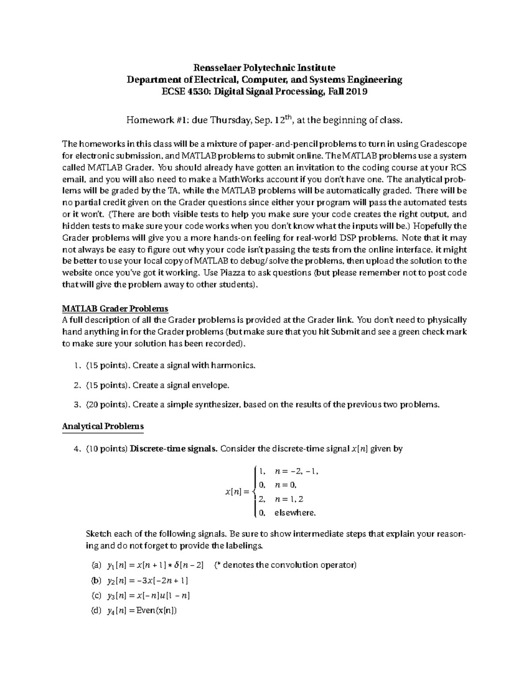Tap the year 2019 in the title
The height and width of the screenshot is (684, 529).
point(355,92)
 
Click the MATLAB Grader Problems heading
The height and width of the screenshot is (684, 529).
point(115,308)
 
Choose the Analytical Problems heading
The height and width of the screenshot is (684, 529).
point(103,426)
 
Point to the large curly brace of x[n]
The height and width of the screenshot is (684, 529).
point(252,492)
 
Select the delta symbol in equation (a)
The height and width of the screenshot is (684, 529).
point(177,566)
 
